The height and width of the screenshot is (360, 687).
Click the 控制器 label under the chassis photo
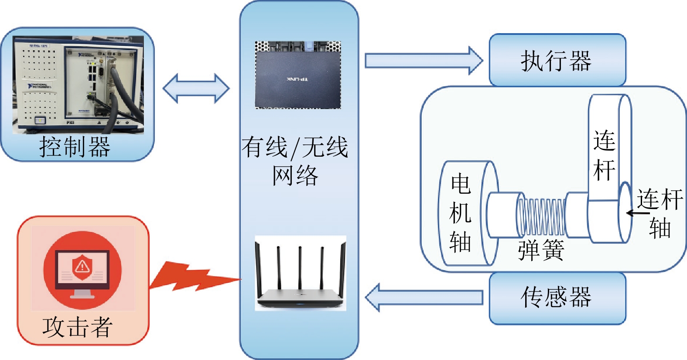point(75,147)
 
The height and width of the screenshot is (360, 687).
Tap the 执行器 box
point(557,60)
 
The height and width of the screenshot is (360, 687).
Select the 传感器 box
point(557,298)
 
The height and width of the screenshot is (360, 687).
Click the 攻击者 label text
point(77,327)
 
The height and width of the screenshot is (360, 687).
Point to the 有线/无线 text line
point(295,147)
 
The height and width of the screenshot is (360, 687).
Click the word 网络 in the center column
point(295,175)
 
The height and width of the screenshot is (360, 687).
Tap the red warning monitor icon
point(82,271)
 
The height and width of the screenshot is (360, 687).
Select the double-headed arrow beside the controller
point(196,88)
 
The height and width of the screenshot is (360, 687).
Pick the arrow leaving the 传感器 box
point(423,298)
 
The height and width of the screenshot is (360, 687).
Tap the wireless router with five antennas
point(300,279)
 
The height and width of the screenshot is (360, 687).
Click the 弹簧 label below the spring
point(541,250)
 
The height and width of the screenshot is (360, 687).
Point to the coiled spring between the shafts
point(541,217)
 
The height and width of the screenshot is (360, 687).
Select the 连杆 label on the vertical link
point(604,155)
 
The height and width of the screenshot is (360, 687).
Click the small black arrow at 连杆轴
point(637,213)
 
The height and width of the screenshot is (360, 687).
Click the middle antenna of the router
point(300,266)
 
